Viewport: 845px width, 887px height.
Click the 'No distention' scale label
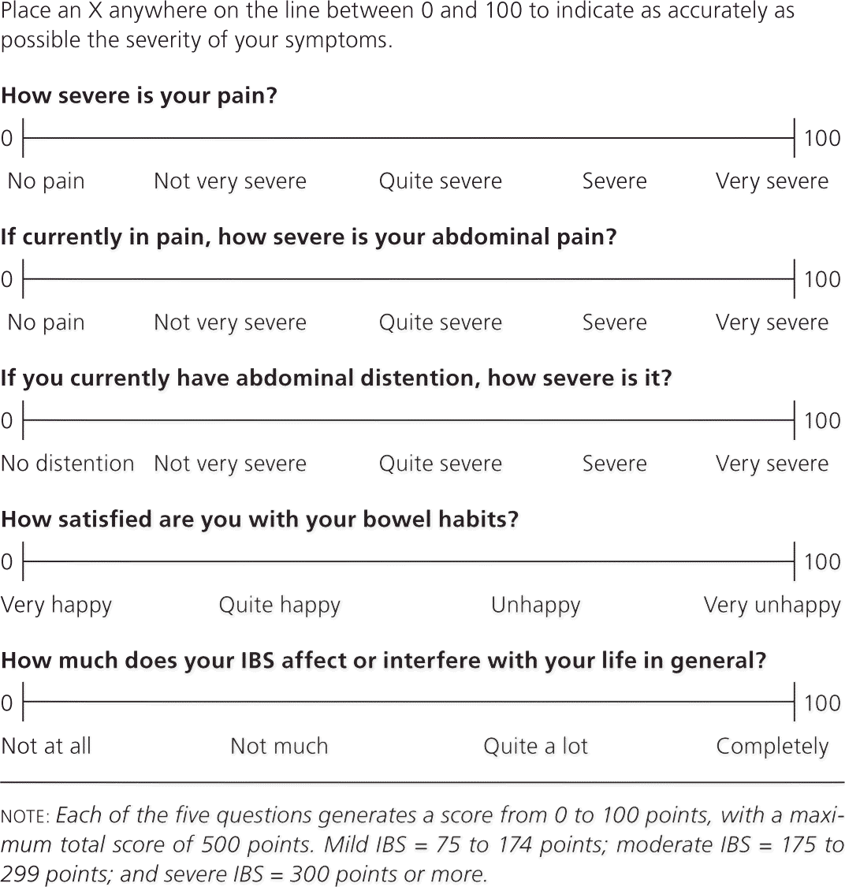point(68,464)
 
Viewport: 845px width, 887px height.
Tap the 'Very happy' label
point(57,606)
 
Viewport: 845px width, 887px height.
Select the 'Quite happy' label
point(280,606)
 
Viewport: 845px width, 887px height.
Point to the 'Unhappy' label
point(536,606)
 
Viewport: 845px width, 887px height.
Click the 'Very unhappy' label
point(772,606)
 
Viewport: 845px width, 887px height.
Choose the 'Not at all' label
point(47,746)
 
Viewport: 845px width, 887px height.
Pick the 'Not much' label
point(279,746)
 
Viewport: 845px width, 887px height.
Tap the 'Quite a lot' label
point(536,746)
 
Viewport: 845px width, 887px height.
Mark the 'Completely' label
point(772,747)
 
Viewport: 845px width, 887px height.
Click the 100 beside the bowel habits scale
point(822,561)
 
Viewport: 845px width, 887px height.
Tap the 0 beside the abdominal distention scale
point(7,420)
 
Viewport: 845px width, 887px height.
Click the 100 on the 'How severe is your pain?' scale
point(822,138)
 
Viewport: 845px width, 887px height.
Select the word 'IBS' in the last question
point(256,661)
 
